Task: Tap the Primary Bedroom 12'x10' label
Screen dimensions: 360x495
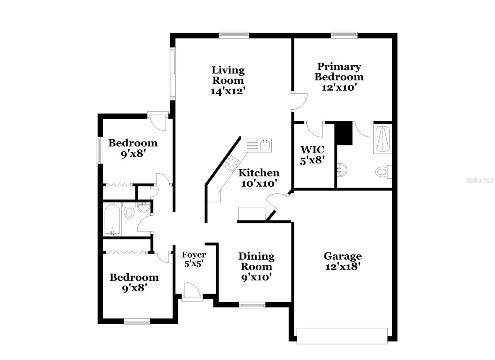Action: pyautogui.click(x=339, y=77)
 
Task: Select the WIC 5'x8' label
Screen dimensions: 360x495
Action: pyautogui.click(x=312, y=155)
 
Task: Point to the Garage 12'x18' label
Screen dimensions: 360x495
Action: pyautogui.click(x=343, y=261)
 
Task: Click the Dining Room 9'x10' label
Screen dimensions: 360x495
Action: pyautogui.click(x=256, y=266)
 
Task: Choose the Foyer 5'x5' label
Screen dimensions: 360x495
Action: pyautogui.click(x=194, y=259)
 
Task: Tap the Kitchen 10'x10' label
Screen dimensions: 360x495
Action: pyautogui.click(x=259, y=178)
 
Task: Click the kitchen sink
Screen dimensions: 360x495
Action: pyautogui.click(x=265, y=145)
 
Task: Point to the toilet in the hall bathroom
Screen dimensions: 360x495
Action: pyautogui.click(x=129, y=212)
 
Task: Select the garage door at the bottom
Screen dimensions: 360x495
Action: pyautogui.click(x=342, y=336)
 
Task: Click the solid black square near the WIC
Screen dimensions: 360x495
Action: pyautogui.click(x=344, y=133)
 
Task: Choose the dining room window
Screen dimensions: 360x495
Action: pyautogui.click(x=252, y=306)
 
